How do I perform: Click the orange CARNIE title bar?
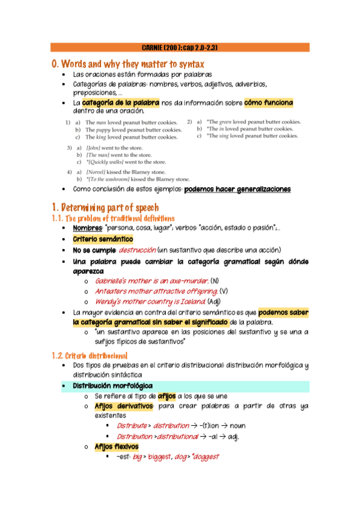tap(180, 47)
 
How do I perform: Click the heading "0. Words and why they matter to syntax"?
tap(128, 64)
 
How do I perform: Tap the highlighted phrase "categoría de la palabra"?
tap(121, 103)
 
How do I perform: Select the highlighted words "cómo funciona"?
tap(269, 103)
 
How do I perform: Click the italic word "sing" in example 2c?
tap(236, 136)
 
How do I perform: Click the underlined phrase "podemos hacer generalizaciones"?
tap(237, 189)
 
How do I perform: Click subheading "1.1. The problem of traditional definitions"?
tap(113, 218)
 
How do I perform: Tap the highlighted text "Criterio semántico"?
tap(103, 239)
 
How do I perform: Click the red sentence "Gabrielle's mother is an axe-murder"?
tap(151, 281)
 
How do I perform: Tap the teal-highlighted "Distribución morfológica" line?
tap(112, 386)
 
